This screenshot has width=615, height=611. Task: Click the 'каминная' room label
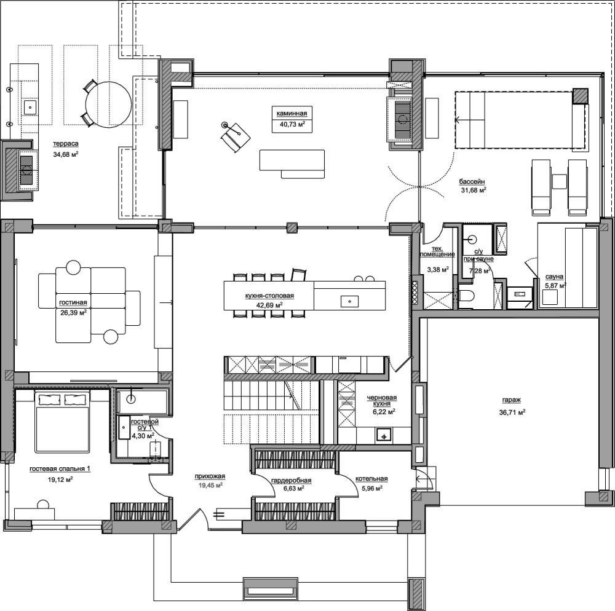(x=292, y=114)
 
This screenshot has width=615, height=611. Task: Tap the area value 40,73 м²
(x=292, y=125)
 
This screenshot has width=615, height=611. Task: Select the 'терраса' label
(x=66, y=144)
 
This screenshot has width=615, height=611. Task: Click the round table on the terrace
(x=109, y=104)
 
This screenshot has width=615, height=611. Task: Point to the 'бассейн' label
(x=472, y=182)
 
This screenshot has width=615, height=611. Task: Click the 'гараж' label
(x=512, y=400)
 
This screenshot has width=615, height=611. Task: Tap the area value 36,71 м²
(x=512, y=412)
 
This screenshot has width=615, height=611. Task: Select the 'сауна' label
(x=554, y=277)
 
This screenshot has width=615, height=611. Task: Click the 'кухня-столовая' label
(x=269, y=296)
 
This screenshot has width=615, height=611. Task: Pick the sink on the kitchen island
(x=349, y=301)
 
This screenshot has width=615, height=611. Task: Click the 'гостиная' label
(x=73, y=302)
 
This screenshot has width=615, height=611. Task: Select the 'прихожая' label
(x=210, y=476)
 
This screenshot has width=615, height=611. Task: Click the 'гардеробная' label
(x=291, y=481)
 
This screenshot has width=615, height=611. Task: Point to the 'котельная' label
(x=371, y=478)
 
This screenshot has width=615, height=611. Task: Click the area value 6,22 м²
(x=384, y=411)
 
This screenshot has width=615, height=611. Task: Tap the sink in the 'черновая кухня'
(x=384, y=435)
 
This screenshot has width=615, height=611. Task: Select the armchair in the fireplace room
(x=236, y=136)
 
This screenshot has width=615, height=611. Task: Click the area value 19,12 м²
(x=60, y=479)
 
